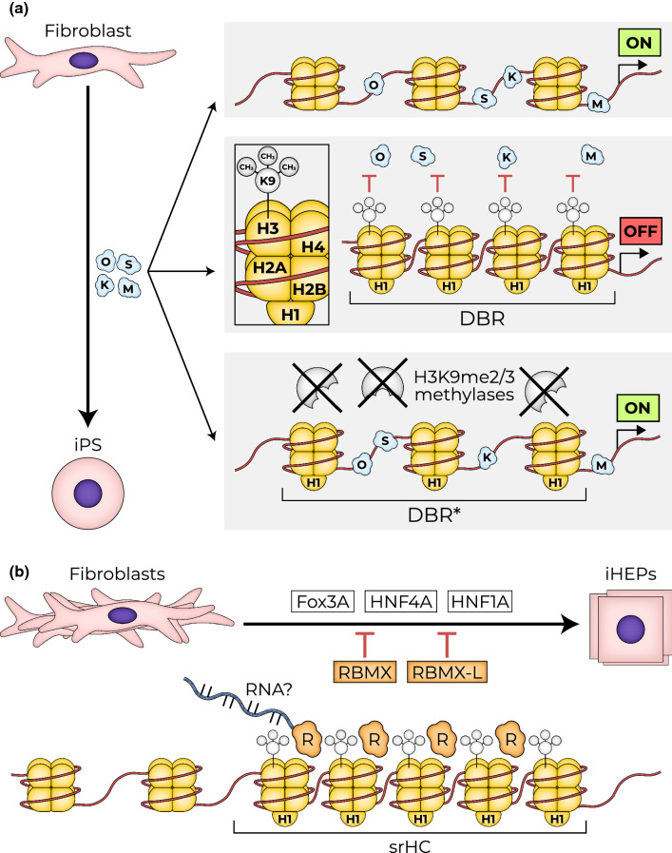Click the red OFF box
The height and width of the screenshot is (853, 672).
tap(641, 231)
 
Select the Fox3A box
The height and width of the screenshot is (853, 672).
tap(322, 602)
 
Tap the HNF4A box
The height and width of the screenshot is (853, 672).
tap(401, 602)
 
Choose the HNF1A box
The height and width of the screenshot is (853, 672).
tap(480, 602)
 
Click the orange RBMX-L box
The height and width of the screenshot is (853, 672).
tap(447, 672)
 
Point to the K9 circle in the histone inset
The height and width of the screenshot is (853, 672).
tap(267, 181)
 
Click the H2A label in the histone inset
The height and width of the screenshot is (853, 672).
tap(269, 267)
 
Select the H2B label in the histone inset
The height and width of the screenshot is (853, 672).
tap(309, 289)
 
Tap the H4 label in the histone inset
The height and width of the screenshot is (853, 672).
tap(313, 247)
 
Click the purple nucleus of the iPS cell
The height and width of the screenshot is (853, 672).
tap(88, 494)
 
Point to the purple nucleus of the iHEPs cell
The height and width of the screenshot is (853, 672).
tap(631, 630)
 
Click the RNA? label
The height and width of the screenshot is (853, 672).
tap(269, 689)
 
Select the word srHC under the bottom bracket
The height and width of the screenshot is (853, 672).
tap(410, 844)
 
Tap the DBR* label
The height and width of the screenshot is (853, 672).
tap(433, 514)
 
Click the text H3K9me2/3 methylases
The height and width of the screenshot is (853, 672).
tap(464, 386)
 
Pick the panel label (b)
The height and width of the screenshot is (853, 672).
tap(19, 572)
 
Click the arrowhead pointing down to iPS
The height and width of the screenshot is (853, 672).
tap(88, 417)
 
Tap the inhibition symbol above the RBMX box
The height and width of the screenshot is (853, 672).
tap(364, 645)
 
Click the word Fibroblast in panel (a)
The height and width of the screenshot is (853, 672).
tap(87, 31)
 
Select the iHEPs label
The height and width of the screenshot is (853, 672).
tap(630, 574)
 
